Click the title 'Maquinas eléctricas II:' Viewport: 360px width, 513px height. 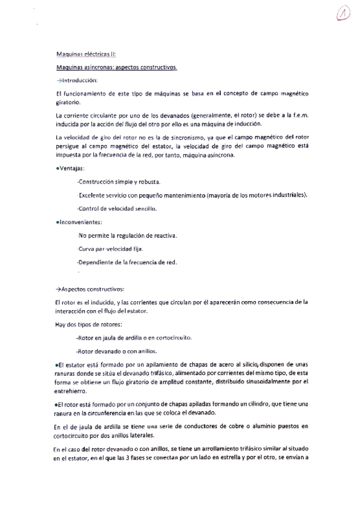[x=80, y=54]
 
